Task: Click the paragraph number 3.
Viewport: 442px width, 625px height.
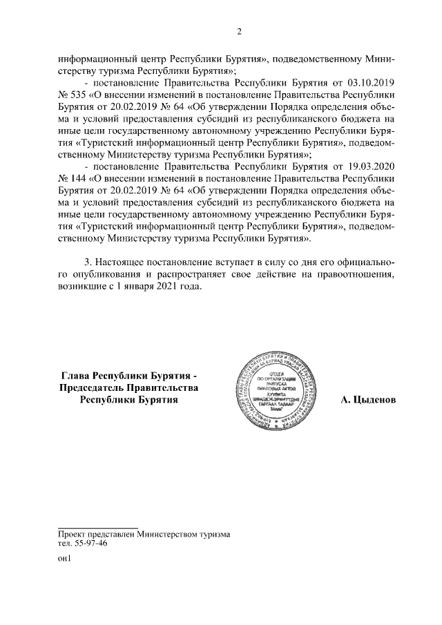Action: click(86, 264)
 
